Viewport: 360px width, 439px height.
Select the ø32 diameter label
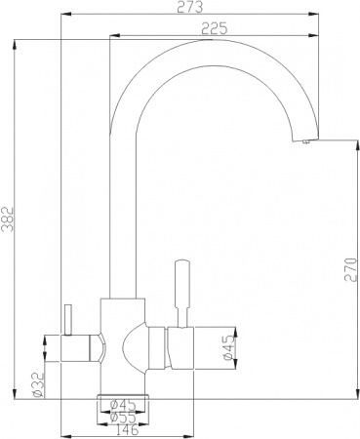[x=38, y=385]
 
